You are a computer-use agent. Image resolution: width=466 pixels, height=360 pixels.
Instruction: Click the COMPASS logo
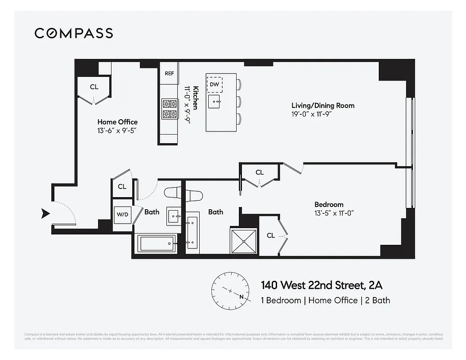[x=74, y=33]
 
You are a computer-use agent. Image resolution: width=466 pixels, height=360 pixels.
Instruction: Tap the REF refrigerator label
[x=169, y=73]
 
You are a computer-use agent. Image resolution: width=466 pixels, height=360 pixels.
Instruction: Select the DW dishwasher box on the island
[x=215, y=84]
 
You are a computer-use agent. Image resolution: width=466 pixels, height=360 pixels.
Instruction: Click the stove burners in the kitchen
[x=170, y=108]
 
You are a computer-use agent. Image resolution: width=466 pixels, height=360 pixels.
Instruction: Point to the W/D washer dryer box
[x=122, y=214]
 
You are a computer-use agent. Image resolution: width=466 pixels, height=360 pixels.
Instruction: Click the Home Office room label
[x=117, y=122]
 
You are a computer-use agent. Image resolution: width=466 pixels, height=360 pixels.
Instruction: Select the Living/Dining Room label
[x=323, y=106]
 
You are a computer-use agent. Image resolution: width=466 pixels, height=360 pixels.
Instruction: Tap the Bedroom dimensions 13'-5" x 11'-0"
[x=335, y=213]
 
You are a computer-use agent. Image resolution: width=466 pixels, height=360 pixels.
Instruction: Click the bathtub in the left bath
[x=157, y=243]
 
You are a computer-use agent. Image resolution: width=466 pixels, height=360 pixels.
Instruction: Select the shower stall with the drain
[x=244, y=241]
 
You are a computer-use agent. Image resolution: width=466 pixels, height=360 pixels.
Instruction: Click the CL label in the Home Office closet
[x=94, y=87]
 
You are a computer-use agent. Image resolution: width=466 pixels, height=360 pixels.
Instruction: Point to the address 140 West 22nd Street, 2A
[x=322, y=285]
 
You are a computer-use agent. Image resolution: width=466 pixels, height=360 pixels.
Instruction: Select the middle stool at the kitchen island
[x=239, y=101]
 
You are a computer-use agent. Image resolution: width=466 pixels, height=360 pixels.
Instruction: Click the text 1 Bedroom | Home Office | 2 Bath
[x=325, y=300]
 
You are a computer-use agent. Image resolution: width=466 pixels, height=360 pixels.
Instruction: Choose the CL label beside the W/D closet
[x=122, y=187]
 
